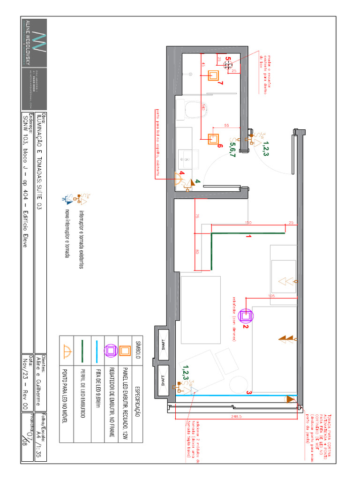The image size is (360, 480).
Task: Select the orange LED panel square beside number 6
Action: [214, 139]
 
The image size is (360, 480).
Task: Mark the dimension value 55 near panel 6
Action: [226, 126]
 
